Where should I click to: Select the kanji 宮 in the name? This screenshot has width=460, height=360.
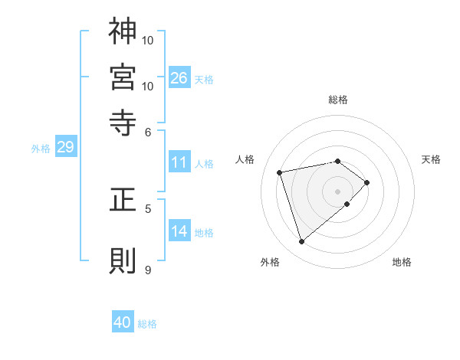point(123,77)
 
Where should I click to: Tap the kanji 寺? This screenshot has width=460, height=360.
point(123,122)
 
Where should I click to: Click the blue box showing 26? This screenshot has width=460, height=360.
point(179,78)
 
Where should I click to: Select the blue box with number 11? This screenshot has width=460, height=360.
point(179,162)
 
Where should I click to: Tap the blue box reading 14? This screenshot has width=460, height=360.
point(179,232)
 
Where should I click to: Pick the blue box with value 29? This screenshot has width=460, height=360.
point(65,148)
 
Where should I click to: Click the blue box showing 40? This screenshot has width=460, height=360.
point(123,322)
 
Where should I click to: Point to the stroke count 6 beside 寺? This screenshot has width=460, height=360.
point(149,132)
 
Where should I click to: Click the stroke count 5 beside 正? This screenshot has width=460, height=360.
point(149,208)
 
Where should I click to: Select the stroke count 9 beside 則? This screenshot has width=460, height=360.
point(149,270)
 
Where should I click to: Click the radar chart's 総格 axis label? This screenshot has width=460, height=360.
point(338,100)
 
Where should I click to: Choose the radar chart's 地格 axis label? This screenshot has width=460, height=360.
point(402,263)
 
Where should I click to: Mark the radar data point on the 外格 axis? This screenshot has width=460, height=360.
point(301,242)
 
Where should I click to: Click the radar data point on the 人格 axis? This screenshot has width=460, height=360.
point(280,172)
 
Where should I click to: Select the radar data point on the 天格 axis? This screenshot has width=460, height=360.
point(367,182)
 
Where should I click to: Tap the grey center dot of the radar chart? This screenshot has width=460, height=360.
point(337,191)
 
